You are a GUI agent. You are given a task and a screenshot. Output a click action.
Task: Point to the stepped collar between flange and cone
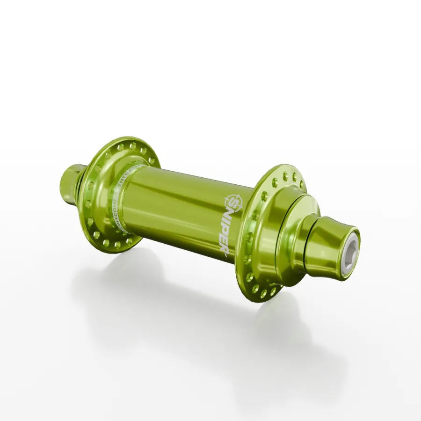290,234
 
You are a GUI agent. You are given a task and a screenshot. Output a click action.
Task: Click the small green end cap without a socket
69,184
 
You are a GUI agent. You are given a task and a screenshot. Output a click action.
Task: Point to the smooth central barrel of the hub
178,206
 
